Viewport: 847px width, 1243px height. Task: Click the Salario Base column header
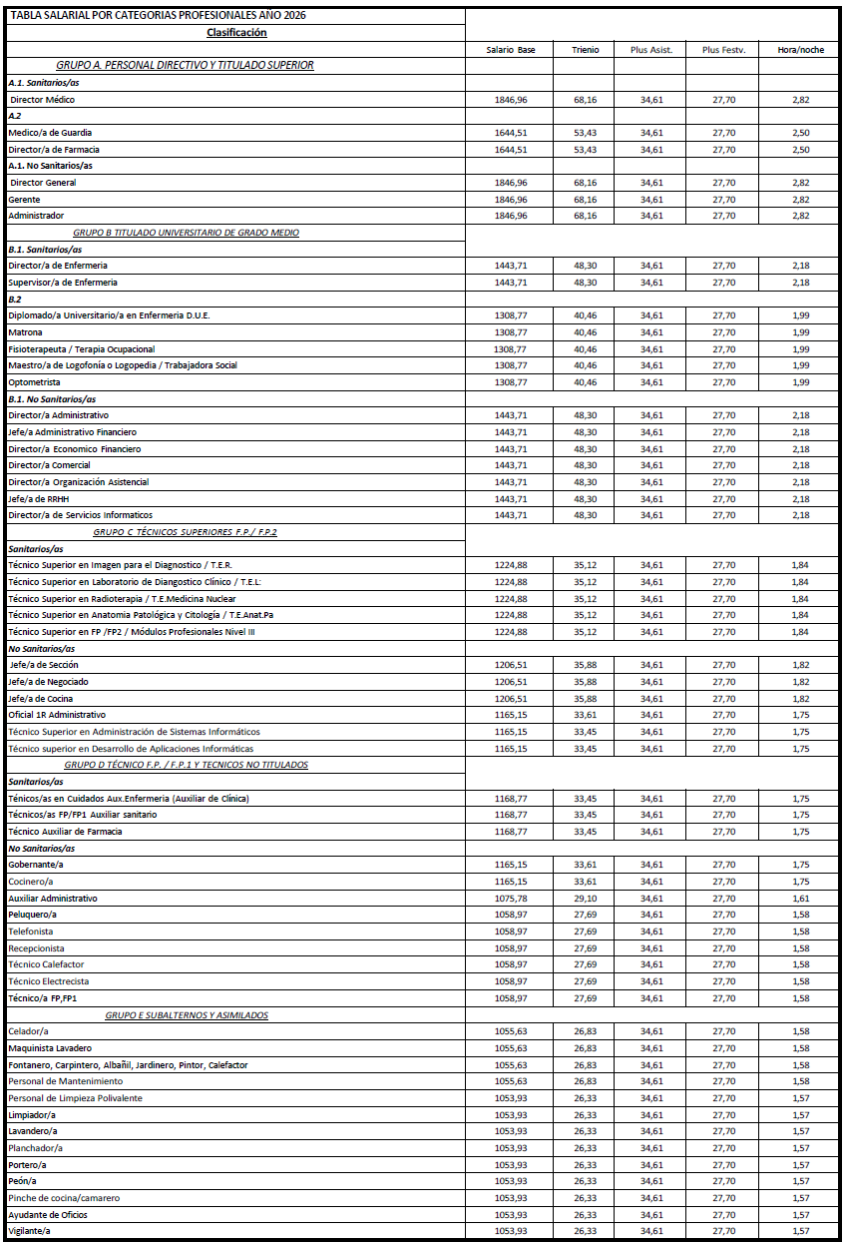(511, 49)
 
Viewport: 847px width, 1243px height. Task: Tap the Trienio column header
(586, 49)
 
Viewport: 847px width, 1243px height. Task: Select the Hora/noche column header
(800, 49)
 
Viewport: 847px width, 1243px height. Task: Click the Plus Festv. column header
(723, 49)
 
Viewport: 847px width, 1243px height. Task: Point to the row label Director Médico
(42, 100)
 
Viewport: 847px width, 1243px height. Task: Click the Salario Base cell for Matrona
(511, 332)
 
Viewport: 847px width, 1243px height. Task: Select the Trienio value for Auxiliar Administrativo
(586, 899)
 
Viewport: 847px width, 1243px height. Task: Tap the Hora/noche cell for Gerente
(800, 200)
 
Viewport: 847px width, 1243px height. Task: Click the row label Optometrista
(35, 382)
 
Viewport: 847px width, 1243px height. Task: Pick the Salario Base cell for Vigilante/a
(511, 1231)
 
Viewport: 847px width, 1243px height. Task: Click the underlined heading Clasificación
(236, 32)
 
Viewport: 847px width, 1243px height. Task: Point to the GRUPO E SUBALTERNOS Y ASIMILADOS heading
(187, 1015)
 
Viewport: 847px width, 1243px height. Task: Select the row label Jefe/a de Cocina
(41, 699)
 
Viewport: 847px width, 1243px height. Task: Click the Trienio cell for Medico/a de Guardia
(586, 133)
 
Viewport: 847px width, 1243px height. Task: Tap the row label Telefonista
(33, 932)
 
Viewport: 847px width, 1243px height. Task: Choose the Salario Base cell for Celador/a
(511, 1031)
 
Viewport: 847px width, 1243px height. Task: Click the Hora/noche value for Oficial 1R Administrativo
(800, 715)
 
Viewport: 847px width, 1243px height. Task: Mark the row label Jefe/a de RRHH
(39, 498)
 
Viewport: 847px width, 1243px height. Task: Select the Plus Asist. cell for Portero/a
(651, 1164)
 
